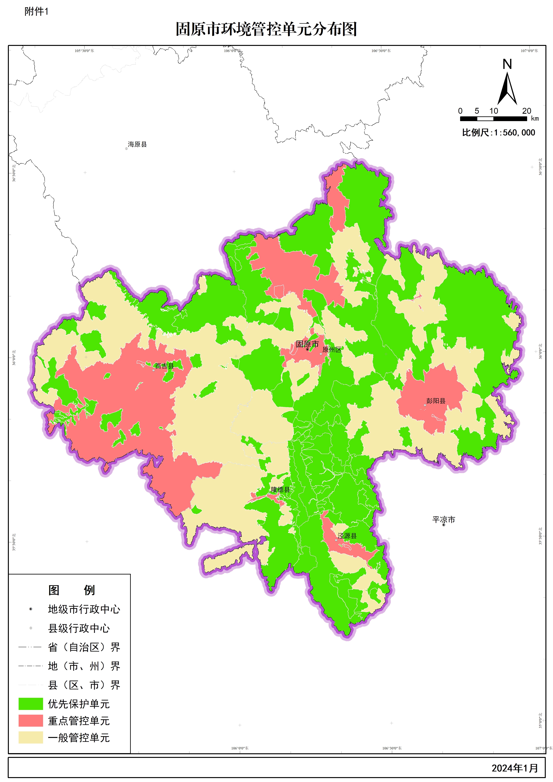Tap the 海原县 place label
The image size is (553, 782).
[x=137, y=144]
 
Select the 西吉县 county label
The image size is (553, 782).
[x=165, y=366]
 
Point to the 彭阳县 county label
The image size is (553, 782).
[x=436, y=401]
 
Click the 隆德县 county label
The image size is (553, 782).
[x=280, y=490]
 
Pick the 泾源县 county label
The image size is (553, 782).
[x=347, y=536]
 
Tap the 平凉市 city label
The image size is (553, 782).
[x=444, y=520]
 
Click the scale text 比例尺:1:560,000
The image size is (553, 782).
[x=498, y=133]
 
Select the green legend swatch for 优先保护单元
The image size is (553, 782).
[x=31, y=704]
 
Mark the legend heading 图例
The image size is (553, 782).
[x=72, y=590]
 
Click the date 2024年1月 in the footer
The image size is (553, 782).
[x=515, y=768]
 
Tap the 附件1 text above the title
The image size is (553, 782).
[x=36, y=12]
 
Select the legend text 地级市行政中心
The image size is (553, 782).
[x=84, y=609]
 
